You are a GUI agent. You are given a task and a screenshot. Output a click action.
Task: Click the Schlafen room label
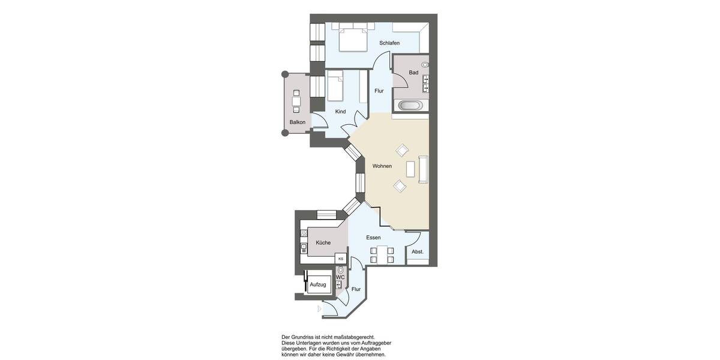tap(389, 43)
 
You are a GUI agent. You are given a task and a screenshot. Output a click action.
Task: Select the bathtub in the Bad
tap(411, 106)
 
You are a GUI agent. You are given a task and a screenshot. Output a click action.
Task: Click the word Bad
tap(413, 73)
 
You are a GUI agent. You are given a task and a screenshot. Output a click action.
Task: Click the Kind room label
tap(340, 112)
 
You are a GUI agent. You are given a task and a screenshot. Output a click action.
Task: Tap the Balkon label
tap(298, 122)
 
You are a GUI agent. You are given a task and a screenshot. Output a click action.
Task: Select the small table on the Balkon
tap(296, 101)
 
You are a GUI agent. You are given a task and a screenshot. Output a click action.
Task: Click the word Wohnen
tap(382, 166)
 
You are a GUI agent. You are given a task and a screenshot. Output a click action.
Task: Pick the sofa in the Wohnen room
tap(423, 169)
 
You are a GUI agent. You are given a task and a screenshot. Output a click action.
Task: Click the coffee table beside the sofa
tap(410, 169)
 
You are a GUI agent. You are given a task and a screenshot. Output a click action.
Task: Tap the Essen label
tap(374, 238)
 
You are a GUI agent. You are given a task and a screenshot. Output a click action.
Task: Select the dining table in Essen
tap(382, 255)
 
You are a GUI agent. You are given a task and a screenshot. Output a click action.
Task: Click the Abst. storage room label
tap(418, 251)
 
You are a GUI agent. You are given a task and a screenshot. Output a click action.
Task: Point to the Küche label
tap(323, 243)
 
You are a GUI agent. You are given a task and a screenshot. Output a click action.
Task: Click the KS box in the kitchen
tap(341, 259)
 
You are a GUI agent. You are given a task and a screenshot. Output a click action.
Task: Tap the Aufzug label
tap(318, 284)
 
